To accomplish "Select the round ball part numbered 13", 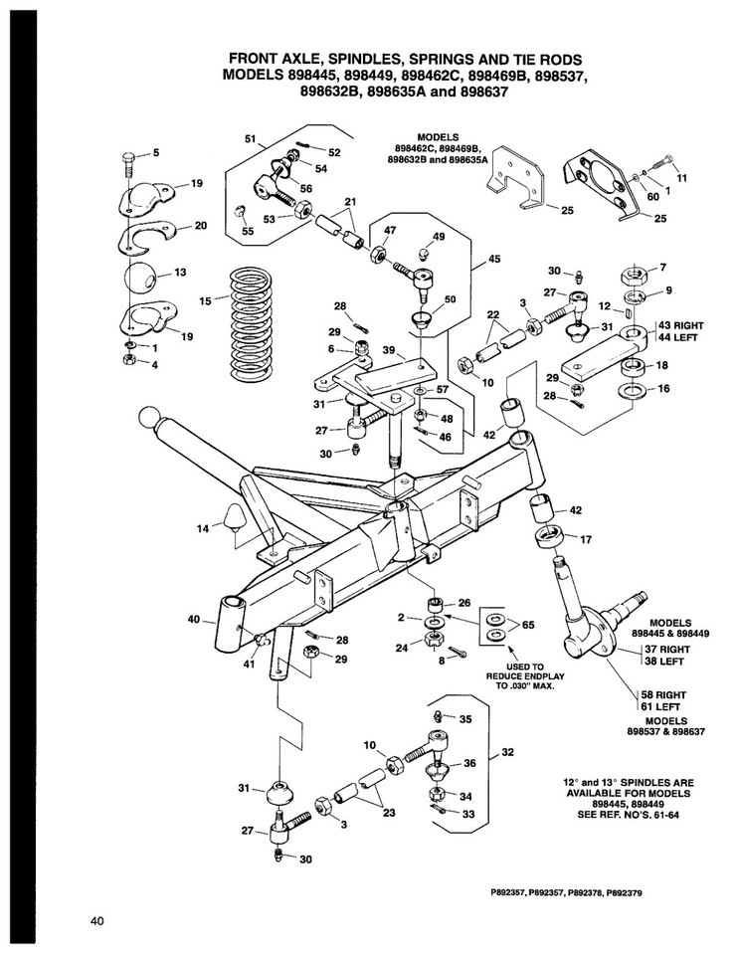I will pos(145,278).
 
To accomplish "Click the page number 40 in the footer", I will pos(96,921).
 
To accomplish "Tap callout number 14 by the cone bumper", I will pos(203,528).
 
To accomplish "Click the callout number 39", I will pos(390,350).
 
